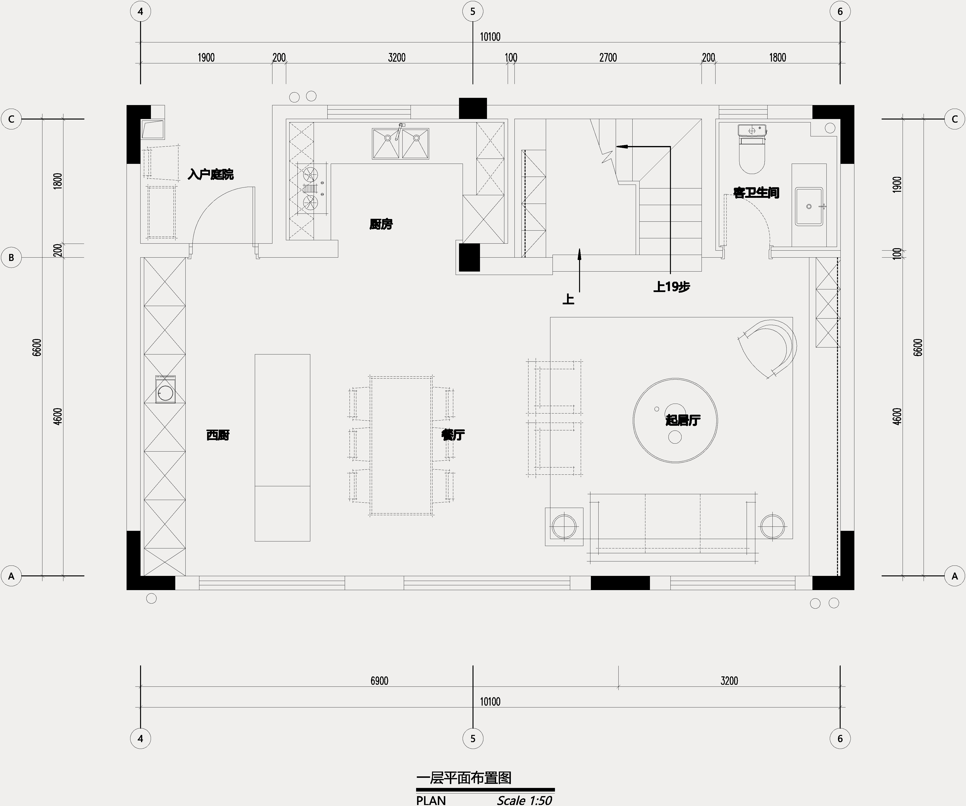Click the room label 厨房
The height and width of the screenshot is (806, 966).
pyautogui.click(x=381, y=224)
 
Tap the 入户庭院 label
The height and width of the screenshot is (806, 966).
pyautogui.click(x=211, y=175)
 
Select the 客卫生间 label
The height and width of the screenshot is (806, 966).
pyautogui.click(x=756, y=193)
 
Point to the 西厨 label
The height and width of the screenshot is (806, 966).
pyautogui.click(x=218, y=435)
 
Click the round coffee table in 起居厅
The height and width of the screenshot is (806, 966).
pyautogui.click(x=675, y=420)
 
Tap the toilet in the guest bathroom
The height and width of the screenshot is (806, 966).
pyautogui.click(x=752, y=152)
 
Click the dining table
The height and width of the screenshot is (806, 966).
pyautogui.click(x=401, y=445)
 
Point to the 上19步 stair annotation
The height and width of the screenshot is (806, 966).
pyautogui.click(x=672, y=287)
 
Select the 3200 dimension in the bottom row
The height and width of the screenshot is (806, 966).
pyautogui.click(x=729, y=680)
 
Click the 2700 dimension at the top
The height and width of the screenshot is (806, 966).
pyautogui.click(x=608, y=58)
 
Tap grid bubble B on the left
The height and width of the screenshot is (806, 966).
pyautogui.click(x=12, y=258)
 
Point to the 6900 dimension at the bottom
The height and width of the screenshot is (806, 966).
pyautogui.click(x=379, y=680)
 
